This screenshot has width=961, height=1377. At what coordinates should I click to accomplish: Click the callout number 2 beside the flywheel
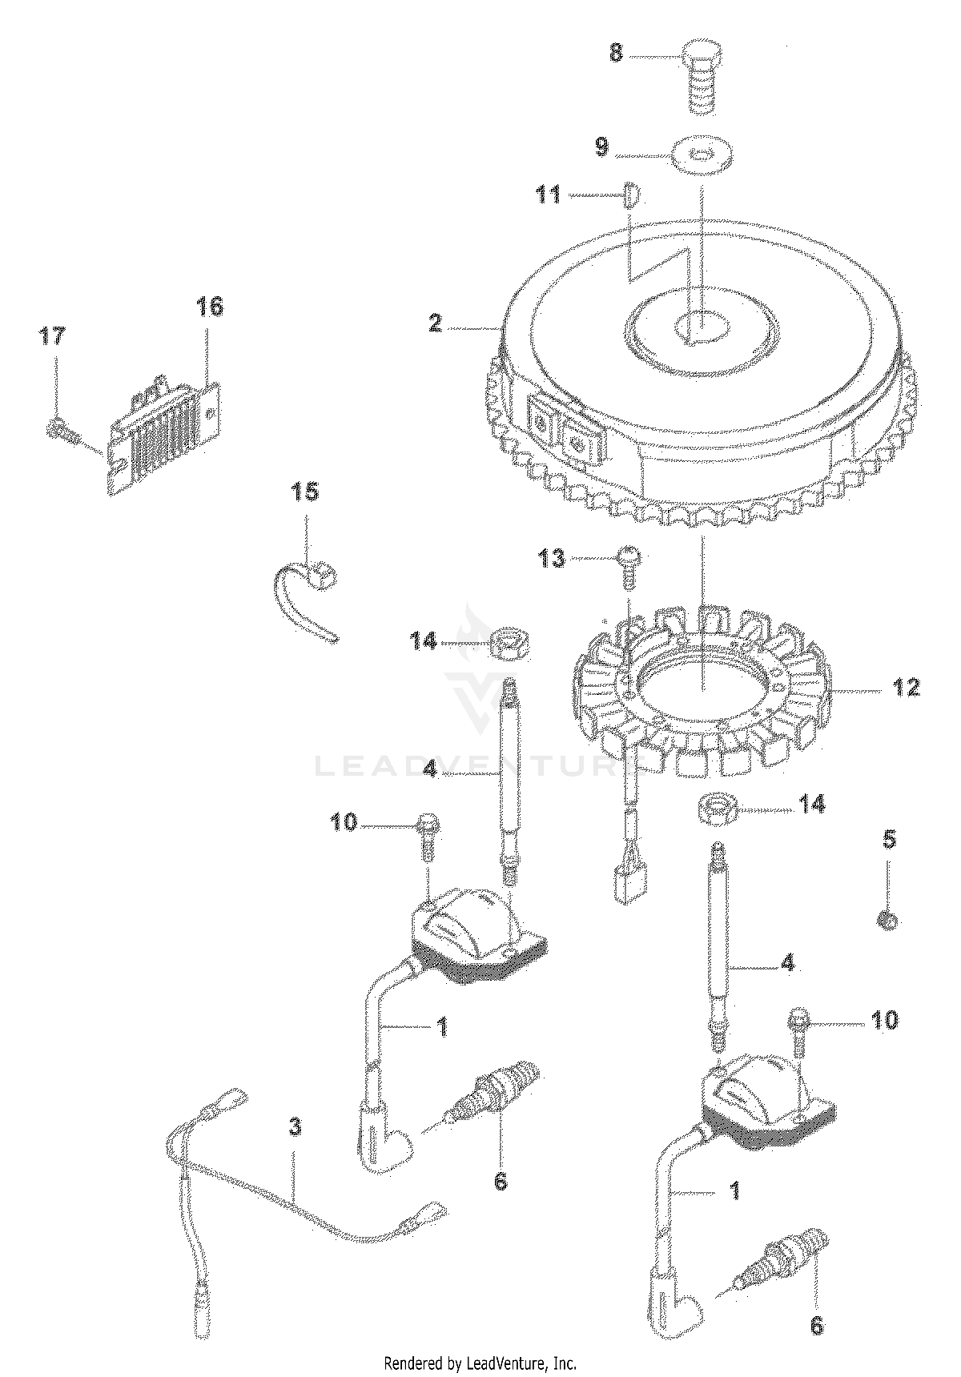point(435,323)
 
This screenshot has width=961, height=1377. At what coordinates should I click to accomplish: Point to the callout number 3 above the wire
point(295,1128)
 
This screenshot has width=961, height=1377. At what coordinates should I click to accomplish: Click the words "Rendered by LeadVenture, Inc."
point(480,1363)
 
